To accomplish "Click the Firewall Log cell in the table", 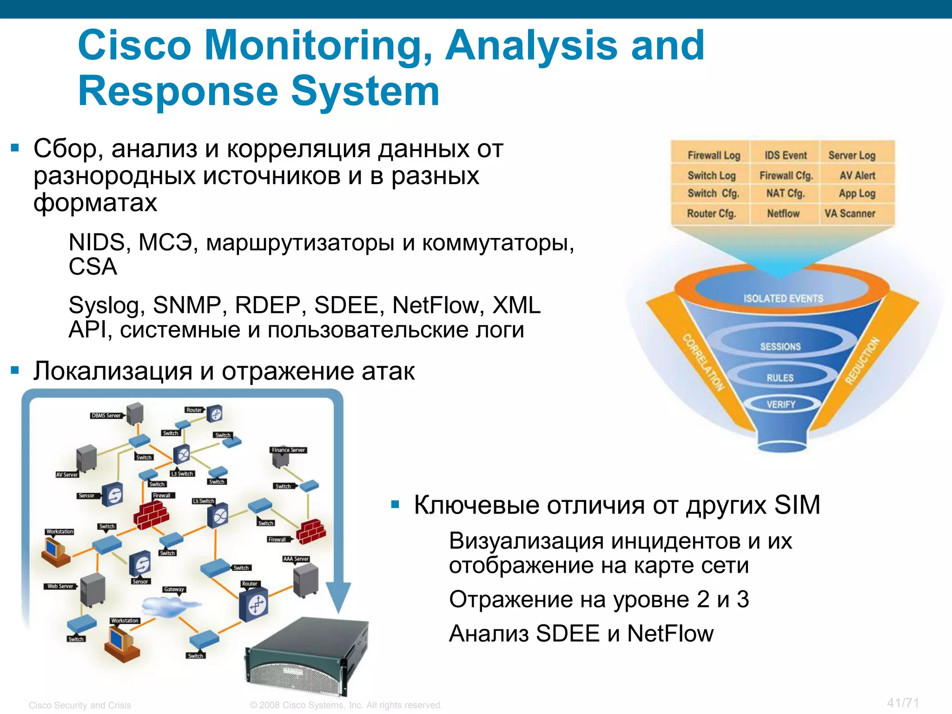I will (714, 155).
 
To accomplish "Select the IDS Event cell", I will (786, 155).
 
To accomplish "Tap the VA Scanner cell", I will (850, 213).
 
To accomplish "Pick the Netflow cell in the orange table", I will (783, 213).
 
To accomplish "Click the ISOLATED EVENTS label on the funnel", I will (783, 298).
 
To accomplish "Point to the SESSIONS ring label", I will (780, 346).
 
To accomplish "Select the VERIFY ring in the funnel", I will (781, 404).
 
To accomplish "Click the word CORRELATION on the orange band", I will (703, 362).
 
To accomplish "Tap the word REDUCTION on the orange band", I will (862, 361).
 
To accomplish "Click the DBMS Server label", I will (106, 416).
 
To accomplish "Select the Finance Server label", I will (288, 450).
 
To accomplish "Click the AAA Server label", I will (296, 559).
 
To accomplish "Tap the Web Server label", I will (60, 586).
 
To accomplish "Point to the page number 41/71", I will (903, 703).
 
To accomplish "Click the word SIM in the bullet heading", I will (797, 505).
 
